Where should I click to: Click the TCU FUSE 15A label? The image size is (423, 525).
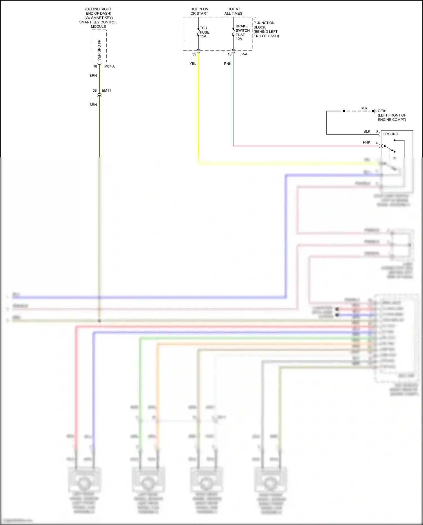pos(204,32)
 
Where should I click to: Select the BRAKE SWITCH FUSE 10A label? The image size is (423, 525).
pos(242,32)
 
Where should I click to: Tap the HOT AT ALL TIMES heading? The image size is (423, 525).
pos(233,11)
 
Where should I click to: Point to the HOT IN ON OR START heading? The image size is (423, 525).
pos(199,11)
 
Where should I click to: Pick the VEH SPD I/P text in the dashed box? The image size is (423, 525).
pos(99,50)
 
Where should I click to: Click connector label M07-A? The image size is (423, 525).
pos(109,67)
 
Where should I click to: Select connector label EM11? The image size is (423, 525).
pos(106,91)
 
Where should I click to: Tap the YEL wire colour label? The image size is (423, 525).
pos(193,64)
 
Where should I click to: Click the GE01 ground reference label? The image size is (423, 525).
pos(382,111)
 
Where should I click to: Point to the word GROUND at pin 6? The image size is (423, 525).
pos(390,134)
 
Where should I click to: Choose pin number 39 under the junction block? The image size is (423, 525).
pos(194,54)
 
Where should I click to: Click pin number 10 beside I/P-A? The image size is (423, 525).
pos(230,54)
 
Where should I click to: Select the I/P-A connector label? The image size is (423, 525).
pos(243,54)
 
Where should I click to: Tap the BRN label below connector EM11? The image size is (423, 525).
pos(93,105)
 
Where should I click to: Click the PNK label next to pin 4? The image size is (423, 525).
pos(366,142)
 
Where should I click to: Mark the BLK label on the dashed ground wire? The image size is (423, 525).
pos(364,108)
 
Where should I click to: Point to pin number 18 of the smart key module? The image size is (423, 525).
pos(95,67)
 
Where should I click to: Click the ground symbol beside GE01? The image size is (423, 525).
pos(374,111)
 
